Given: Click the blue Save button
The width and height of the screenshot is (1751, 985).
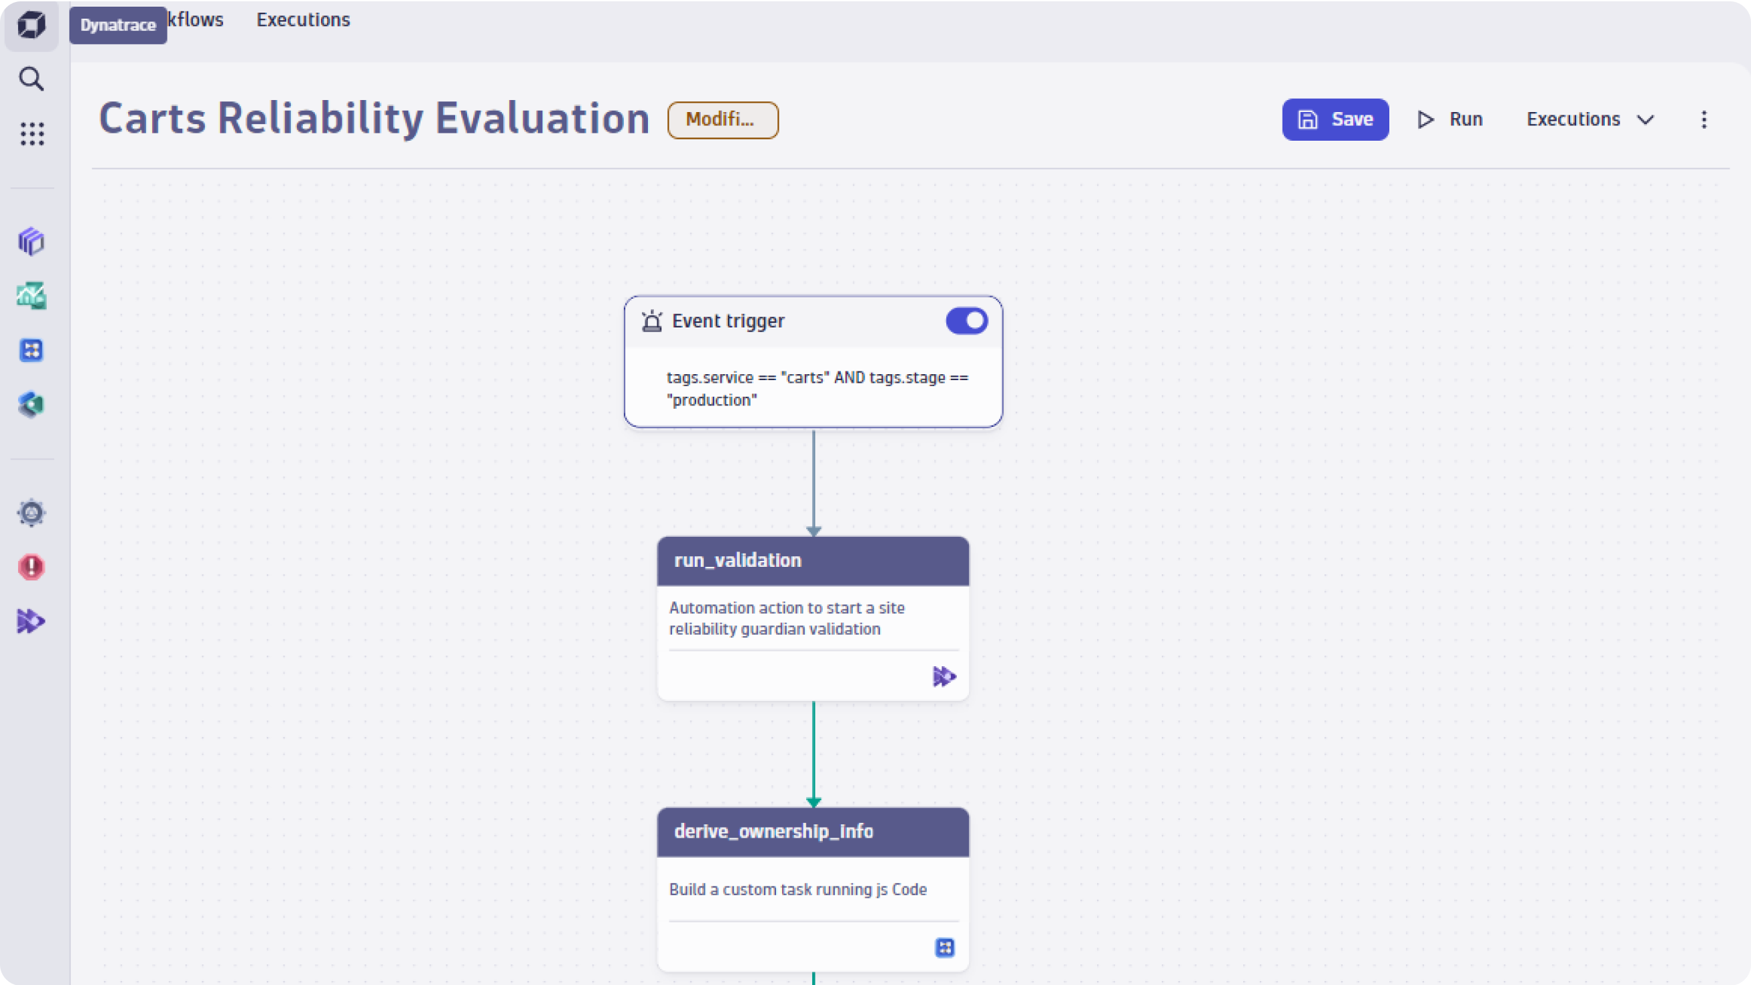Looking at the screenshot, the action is (1335, 119).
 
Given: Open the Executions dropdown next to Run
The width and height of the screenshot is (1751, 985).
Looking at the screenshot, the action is (1590, 119).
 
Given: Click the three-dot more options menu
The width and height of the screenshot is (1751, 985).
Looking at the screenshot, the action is (1704, 119).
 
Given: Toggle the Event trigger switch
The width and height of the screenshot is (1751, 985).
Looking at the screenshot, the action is (966, 321).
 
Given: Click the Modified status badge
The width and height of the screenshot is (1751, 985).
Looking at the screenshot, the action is (723, 119).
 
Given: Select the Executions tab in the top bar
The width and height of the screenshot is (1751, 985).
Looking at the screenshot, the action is (303, 20).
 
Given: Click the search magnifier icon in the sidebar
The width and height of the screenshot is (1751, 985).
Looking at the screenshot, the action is (31, 79).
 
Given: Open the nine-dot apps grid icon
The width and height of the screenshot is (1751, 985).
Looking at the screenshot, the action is (31, 134).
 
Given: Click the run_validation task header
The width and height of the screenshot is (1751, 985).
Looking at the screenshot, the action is (813, 560).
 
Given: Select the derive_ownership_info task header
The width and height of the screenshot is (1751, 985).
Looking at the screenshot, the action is (813, 832).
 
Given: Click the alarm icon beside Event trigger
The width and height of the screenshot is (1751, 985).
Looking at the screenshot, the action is (652, 321).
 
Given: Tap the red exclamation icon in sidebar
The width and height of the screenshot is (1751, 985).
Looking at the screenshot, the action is (31, 567).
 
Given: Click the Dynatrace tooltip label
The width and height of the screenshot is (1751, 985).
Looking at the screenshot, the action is (118, 25).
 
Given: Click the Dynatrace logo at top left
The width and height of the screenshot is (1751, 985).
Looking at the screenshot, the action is (31, 25).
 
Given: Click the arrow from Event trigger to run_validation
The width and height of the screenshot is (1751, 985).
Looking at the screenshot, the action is (813, 483).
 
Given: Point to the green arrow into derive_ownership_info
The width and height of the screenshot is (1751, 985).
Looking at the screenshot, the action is (813, 755).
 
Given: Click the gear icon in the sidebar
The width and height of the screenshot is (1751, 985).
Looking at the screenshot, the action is (31, 513).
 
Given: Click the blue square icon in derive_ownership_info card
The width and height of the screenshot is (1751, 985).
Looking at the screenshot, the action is (945, 947).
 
